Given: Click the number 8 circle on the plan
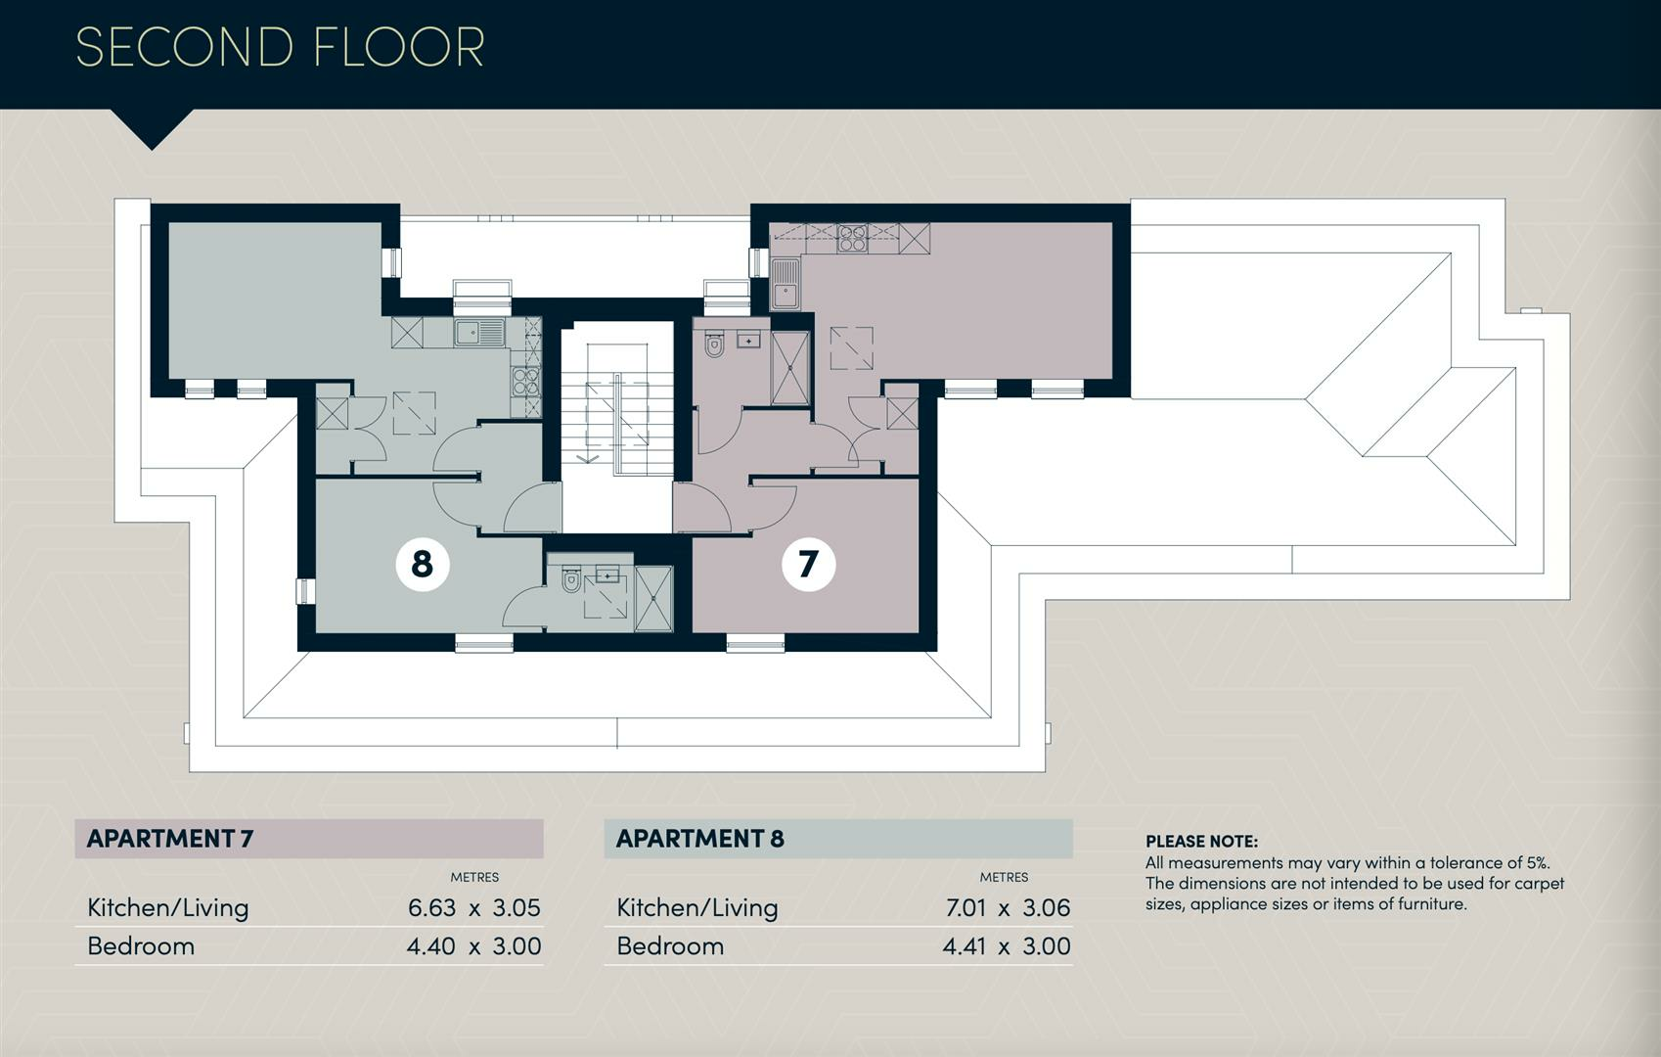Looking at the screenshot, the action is point(423,564).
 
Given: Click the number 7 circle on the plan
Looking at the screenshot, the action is point(808,564).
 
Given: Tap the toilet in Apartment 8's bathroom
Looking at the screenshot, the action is point(571,579).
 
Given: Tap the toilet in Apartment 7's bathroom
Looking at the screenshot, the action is point(714,345).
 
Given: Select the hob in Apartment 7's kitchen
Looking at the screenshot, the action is point(852,239).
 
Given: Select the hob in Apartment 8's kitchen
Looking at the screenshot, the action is point(525,382).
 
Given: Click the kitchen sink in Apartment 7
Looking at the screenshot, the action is point(786,284).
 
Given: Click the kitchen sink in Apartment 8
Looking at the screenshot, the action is point(479,333).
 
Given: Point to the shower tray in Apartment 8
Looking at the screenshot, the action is point(653,599).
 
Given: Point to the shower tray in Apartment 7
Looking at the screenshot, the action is point(789,368).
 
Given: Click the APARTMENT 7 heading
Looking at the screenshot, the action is point(170,839).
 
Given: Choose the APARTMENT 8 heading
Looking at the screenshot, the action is point(700,839).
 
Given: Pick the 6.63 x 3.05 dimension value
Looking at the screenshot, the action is point(474,908).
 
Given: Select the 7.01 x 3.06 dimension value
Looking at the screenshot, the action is point(1008,908).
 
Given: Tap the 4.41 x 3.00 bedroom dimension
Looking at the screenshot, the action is point(1007,946).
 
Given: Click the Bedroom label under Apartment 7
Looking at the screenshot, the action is point(141,946).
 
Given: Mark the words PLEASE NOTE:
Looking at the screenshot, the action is point(1202,842).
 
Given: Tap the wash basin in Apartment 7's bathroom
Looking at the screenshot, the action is point(748,341).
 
